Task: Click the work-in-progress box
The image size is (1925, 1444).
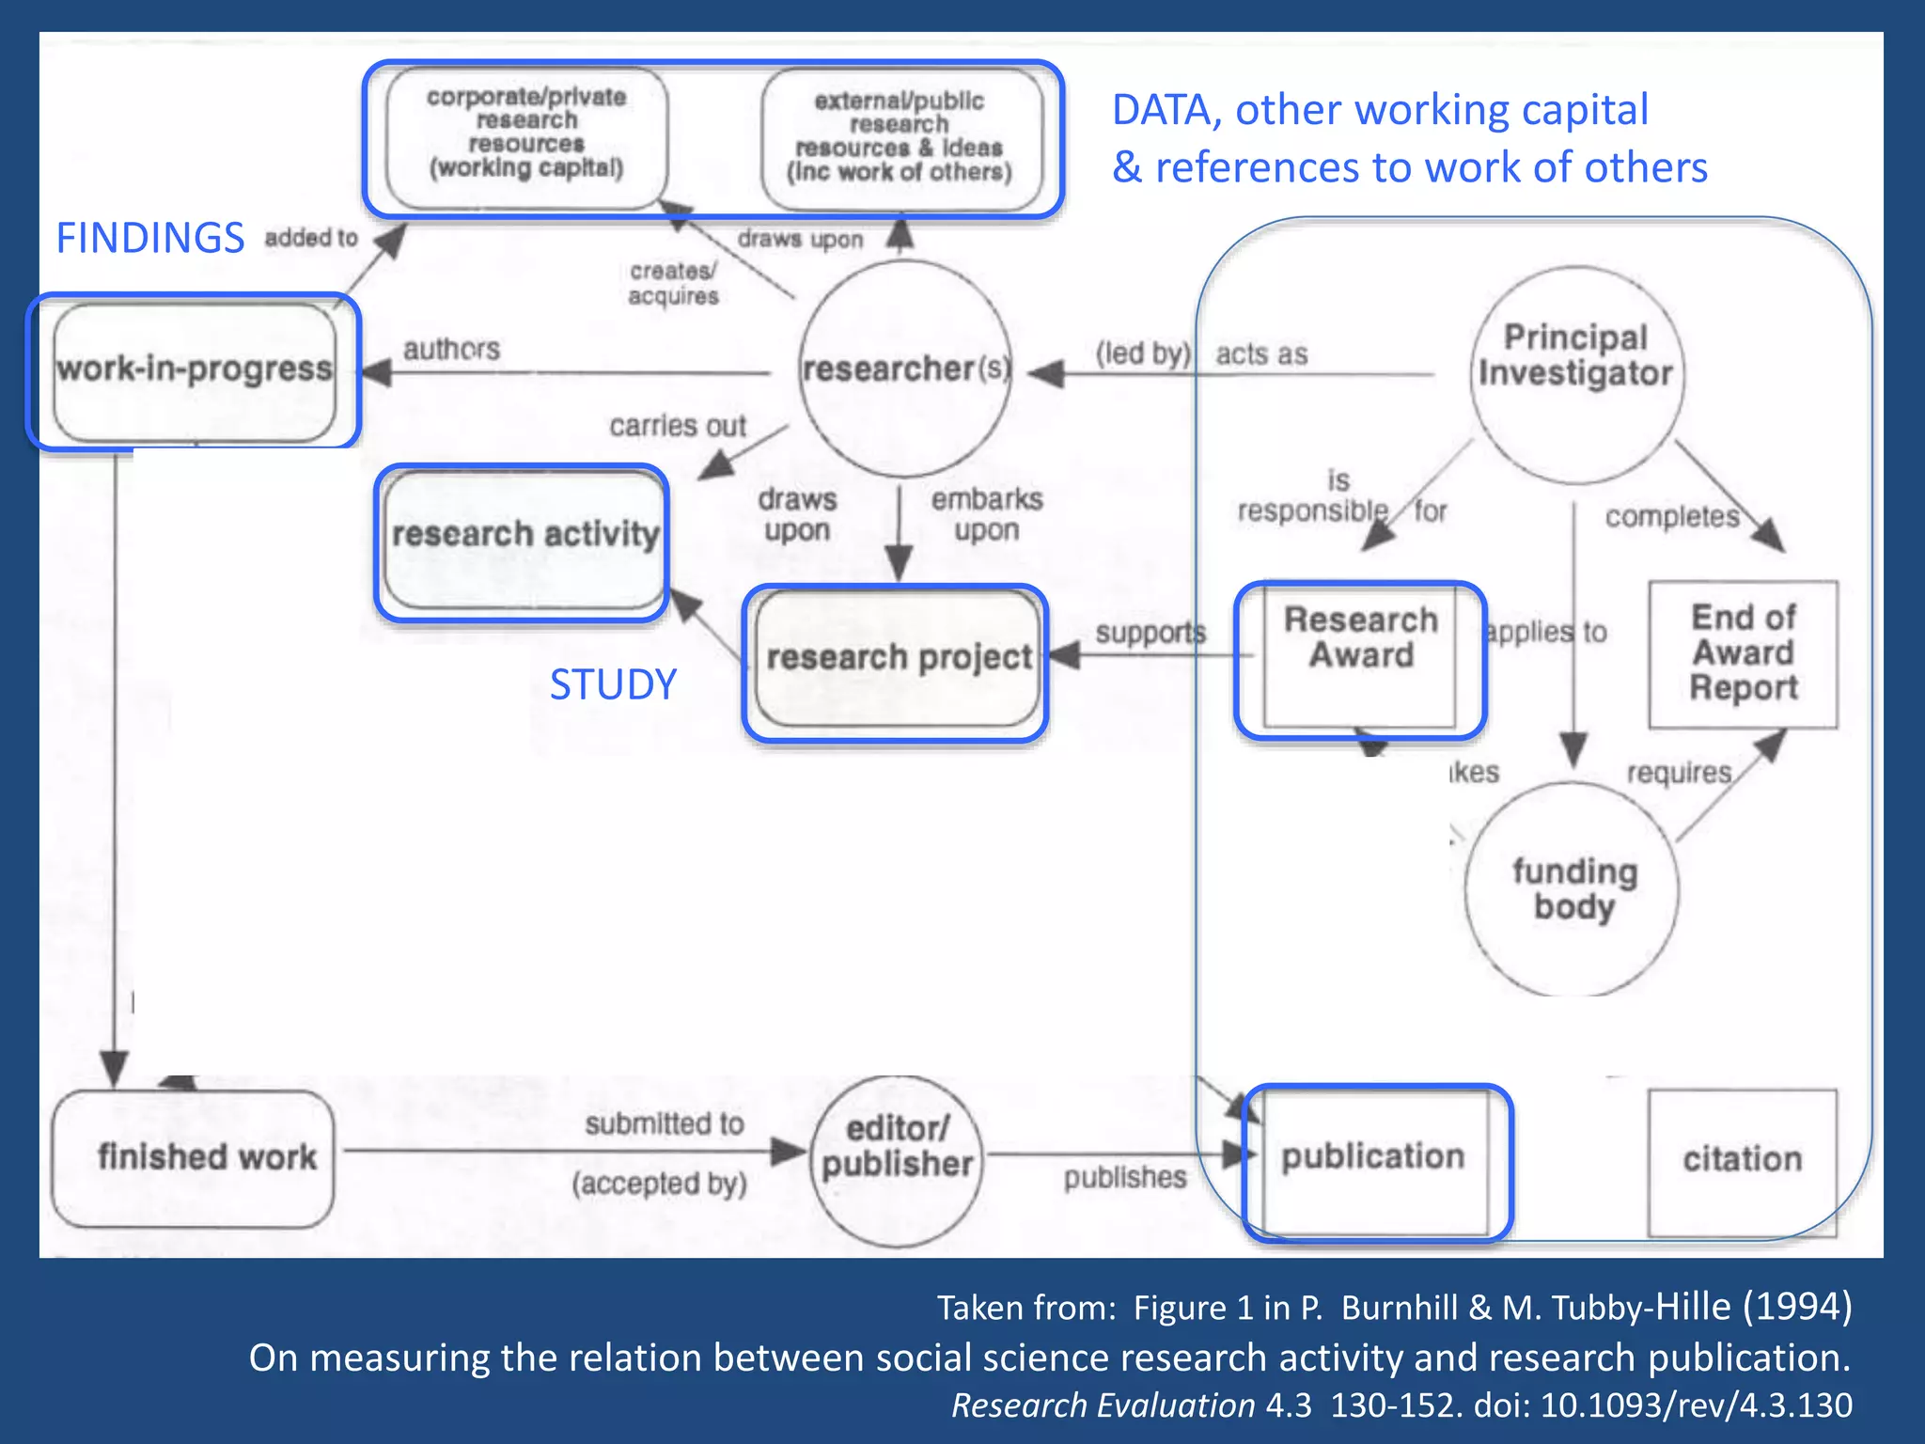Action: tap(195, 370)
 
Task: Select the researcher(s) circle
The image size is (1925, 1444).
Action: tap(905, 369)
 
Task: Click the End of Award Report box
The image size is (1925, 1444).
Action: tap(1744, 654)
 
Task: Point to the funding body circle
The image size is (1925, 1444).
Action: tap(1573, 889)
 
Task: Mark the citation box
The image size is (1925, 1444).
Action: tap(1743, 1162)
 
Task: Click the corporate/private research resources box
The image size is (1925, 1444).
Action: tap(526, 134)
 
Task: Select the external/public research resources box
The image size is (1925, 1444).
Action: tap(900, 137)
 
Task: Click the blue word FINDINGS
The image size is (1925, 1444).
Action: tap(150, 238)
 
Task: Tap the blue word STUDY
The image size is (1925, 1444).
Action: tap(613, 684)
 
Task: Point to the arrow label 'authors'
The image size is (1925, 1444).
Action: tap(452, 349)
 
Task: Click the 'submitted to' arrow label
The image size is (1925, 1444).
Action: tap(664, 1123)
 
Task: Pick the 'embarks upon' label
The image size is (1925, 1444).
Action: tap(987, 514)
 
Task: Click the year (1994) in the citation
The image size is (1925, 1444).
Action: tap(1796, 1306)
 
